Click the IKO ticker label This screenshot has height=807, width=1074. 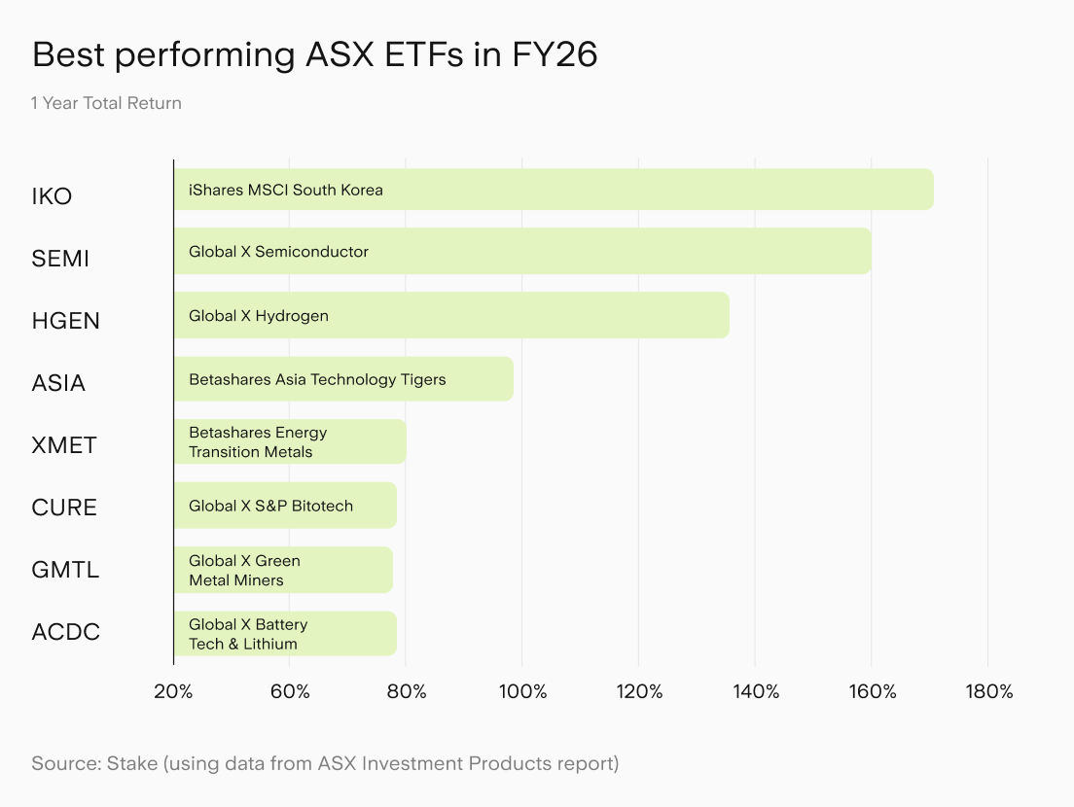[52, 196]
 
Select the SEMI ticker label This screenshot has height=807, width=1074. [60, 259]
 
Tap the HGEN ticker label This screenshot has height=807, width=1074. [66, 321]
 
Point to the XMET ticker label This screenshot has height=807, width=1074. [64, 445]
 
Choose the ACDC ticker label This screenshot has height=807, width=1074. [66, 632]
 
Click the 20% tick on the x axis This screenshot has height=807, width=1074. [173, 691]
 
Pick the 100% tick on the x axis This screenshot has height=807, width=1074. [522, 691]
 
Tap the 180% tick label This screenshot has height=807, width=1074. [989, 691]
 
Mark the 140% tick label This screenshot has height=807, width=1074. [756, 691]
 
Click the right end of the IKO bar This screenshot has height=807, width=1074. [933, 190]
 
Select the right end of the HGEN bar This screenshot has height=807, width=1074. [729, 316]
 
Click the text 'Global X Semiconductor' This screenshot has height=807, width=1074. [279, 252]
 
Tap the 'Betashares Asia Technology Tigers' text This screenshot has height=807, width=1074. [317, 380]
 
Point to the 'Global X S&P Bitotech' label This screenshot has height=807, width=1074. [271, 506]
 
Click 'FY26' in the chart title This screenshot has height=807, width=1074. [555, 54]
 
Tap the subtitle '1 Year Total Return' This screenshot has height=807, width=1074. [106, 103]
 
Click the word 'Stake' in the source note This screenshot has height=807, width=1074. [132, 763]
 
